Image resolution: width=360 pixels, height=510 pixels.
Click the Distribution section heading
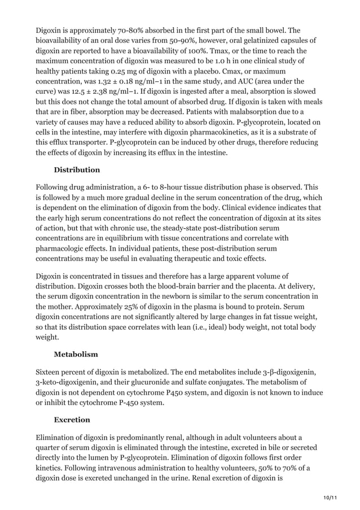(x=77, y=170)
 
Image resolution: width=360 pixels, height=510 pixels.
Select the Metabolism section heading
(x=76, y=354)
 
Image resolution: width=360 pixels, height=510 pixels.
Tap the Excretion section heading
(x=72, y=420)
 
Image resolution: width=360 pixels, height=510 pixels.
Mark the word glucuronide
(x=159, y=383)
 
